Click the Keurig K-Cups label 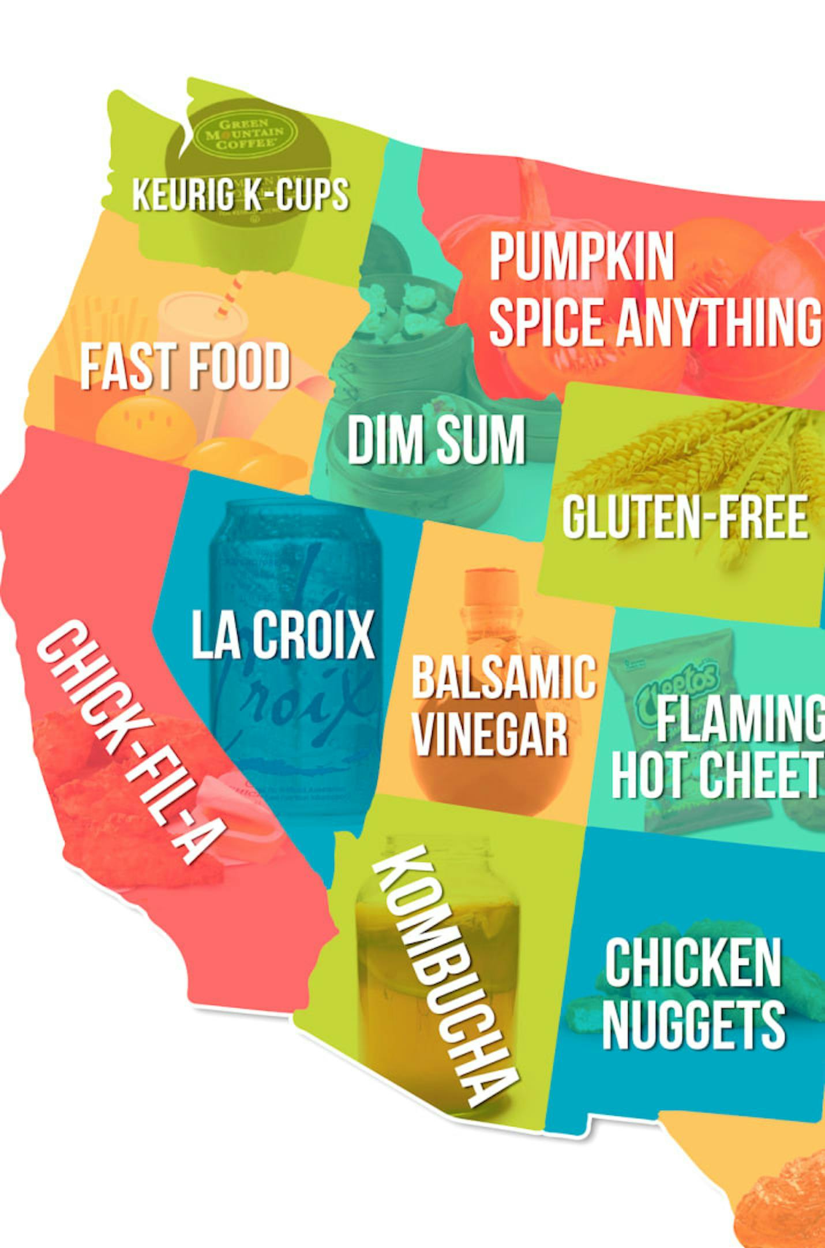coord(240,194)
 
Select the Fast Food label coord(185,366)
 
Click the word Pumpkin coord(582,257)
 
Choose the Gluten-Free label coord(684,517)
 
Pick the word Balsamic coord(503,677)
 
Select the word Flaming coord(741,719)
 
